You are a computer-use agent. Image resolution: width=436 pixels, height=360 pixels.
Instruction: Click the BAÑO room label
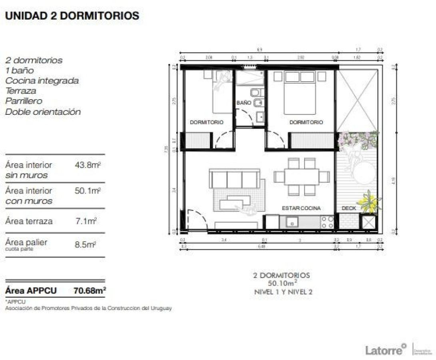[244, 103]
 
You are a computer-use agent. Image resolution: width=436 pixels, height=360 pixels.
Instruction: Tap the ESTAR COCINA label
[301, 208]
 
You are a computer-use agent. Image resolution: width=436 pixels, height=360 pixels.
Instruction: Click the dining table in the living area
[302, 176]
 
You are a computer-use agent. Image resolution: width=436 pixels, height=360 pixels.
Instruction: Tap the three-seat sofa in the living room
[235, 179]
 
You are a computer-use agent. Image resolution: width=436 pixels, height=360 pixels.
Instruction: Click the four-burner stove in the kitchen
[328, 222]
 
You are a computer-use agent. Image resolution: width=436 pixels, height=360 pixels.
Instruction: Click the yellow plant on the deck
[368, 202]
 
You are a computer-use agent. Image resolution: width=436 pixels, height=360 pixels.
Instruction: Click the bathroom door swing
[244, 118]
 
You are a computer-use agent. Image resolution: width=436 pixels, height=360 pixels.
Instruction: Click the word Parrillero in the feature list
[24, 101]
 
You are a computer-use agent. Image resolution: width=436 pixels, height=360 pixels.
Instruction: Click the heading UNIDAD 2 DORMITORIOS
[72, 16]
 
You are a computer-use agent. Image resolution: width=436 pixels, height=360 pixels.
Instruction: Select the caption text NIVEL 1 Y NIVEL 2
[283, 292]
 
